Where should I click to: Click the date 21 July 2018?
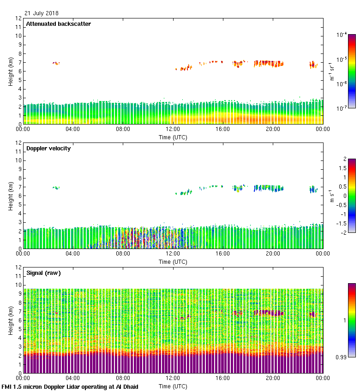(42, 13)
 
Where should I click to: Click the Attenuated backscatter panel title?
(58, 24)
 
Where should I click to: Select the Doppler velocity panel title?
(48, 148)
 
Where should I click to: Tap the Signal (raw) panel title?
(43, 273)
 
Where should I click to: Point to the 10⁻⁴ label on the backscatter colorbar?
(342, 35)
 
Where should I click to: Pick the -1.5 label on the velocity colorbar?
(342, 223)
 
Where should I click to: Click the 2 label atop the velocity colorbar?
(345, 159)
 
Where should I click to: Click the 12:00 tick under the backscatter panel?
(173, 129)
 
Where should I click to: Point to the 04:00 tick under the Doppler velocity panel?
(73, 254)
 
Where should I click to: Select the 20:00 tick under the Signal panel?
(273, 378)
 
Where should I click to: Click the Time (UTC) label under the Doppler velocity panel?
(173, 261)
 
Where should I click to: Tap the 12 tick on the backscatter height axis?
(19, 18)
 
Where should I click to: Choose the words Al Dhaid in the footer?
(126, 386)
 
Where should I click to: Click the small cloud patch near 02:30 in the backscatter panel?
(56, 63)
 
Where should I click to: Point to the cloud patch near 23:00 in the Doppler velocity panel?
(313, 189)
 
